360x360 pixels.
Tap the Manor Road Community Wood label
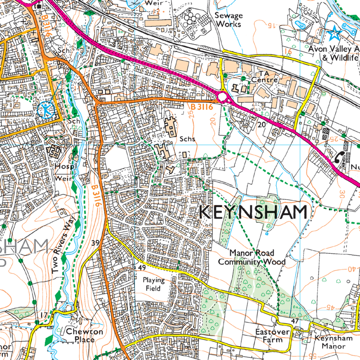[252, 257]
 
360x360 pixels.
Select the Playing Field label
[154, 284]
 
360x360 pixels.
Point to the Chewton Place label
[85, 335]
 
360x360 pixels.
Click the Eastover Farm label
[268, 335]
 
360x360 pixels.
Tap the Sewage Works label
[229, 19]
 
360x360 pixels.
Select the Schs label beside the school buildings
[187, 139]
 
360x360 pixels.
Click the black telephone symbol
[339, 157]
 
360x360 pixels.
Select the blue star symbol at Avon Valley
[334, 33]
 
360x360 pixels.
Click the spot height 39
[95, 243]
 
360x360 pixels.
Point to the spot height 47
[295, 321]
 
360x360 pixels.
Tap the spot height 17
[44, 315]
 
